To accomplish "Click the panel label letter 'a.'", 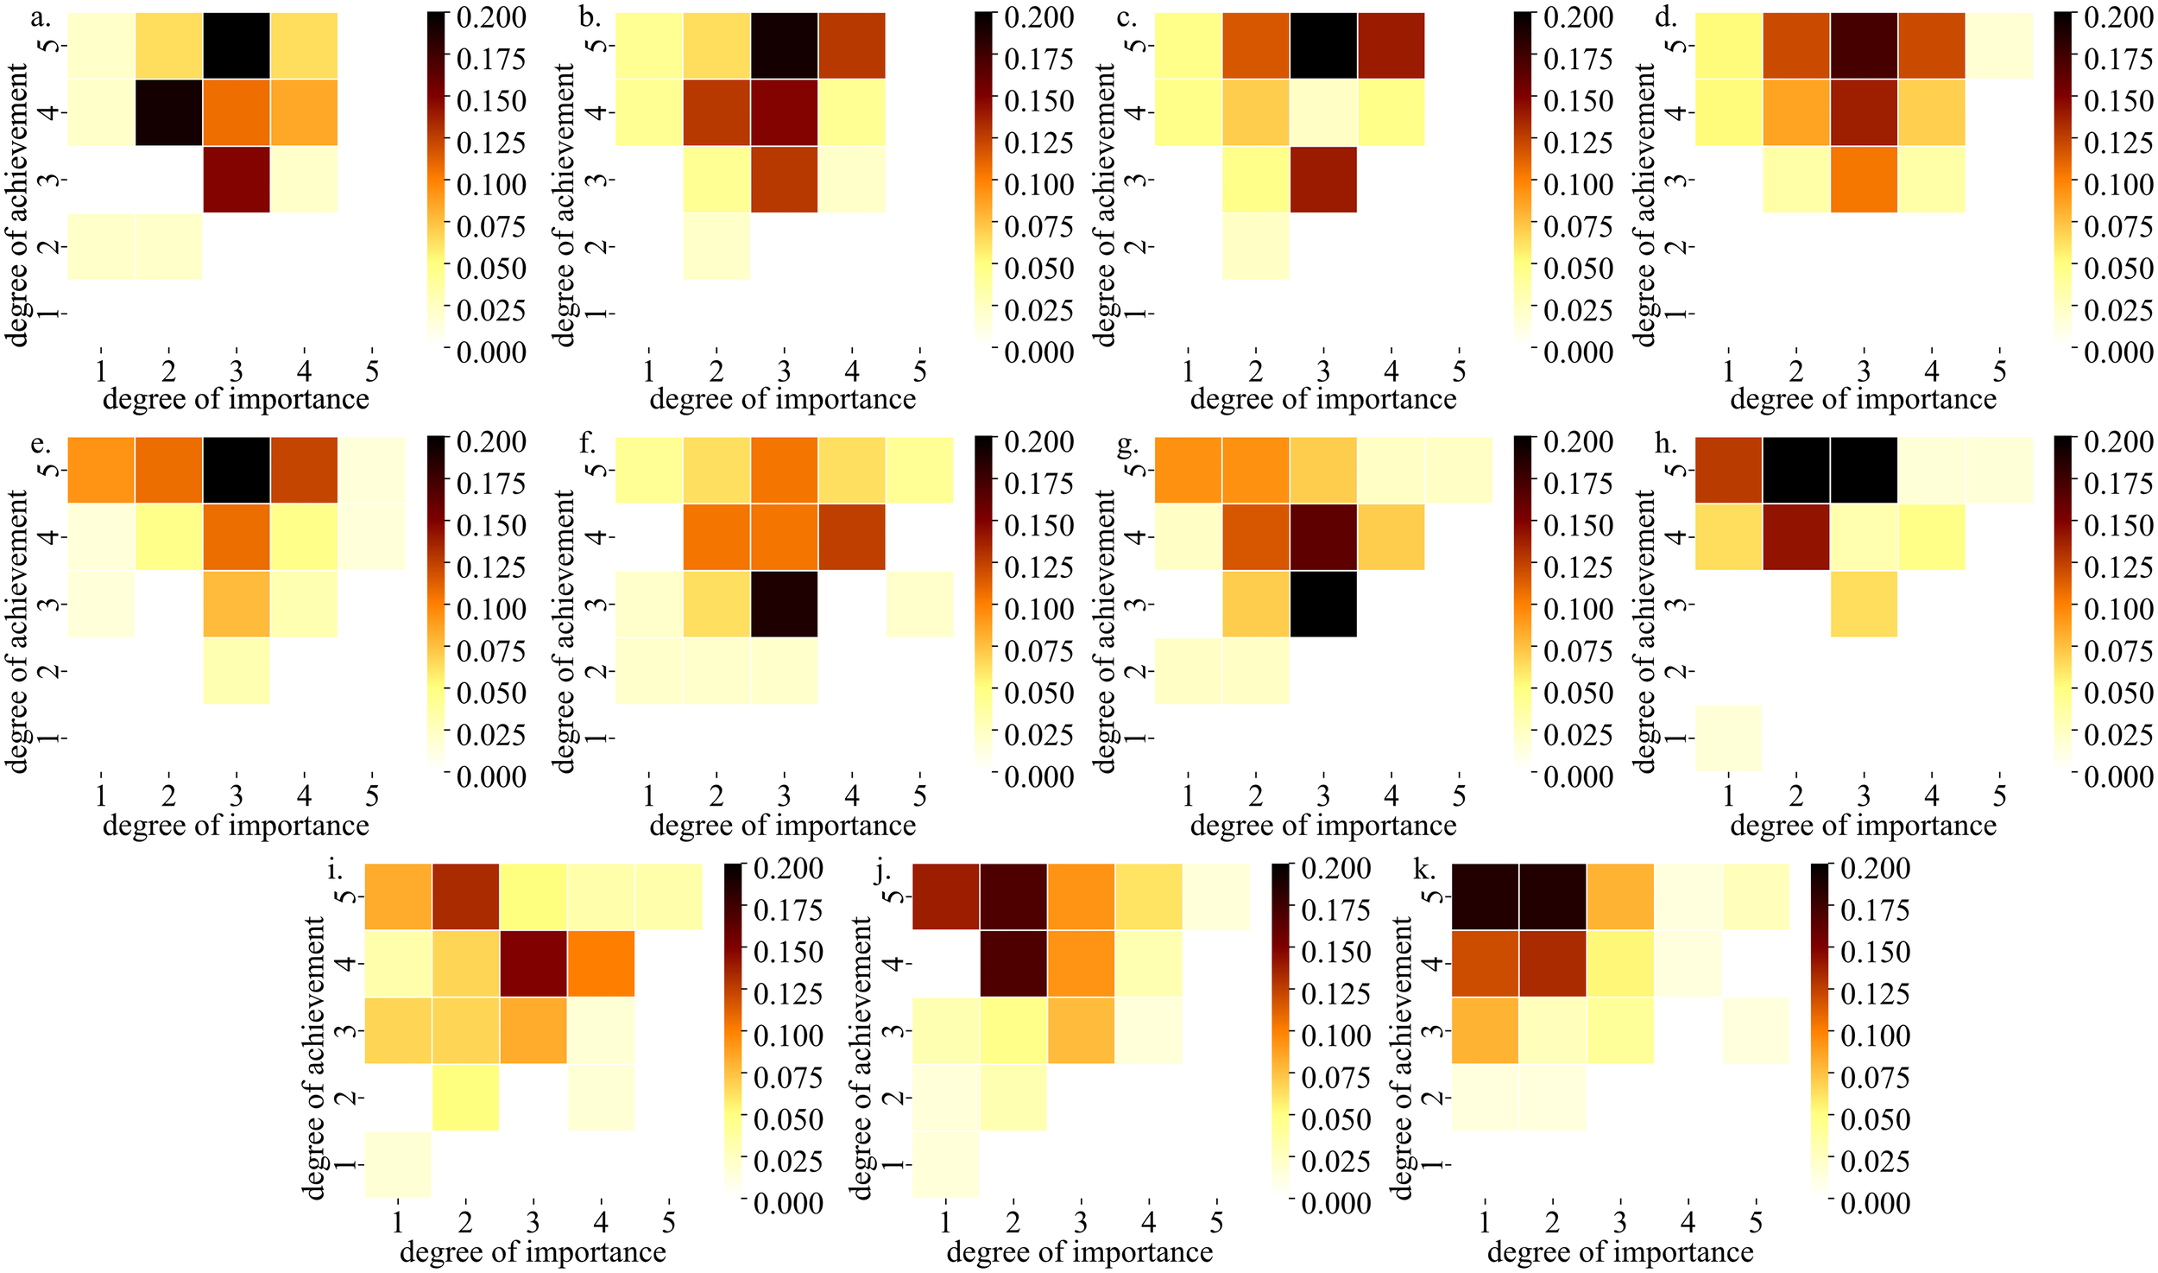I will click(40, 17).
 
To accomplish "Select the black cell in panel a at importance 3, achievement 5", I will click(237, 46).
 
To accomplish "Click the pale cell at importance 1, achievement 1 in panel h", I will click(1728, 738).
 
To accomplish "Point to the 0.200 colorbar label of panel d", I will click(2118, 17).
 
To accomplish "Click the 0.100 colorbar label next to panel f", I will click(1038, 610).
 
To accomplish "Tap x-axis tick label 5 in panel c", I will click(1459, 371).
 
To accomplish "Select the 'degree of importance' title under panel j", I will click(1080, 1251).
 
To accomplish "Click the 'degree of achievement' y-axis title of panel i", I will click(314, 1058).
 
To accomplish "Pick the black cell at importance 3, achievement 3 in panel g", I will click(1323, 604).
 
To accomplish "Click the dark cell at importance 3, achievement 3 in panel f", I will click(784, 604).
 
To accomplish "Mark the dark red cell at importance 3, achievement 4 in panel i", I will click(533, 963).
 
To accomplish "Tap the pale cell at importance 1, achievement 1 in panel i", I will click(398, 1164).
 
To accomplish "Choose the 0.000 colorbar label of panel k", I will click(1875, 1203).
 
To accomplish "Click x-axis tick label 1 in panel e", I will click(101, 795).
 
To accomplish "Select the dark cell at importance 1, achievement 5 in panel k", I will click(1485, 896).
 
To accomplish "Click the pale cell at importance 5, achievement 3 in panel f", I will click(919, 604).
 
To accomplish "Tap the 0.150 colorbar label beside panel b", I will click(1038, 101).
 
